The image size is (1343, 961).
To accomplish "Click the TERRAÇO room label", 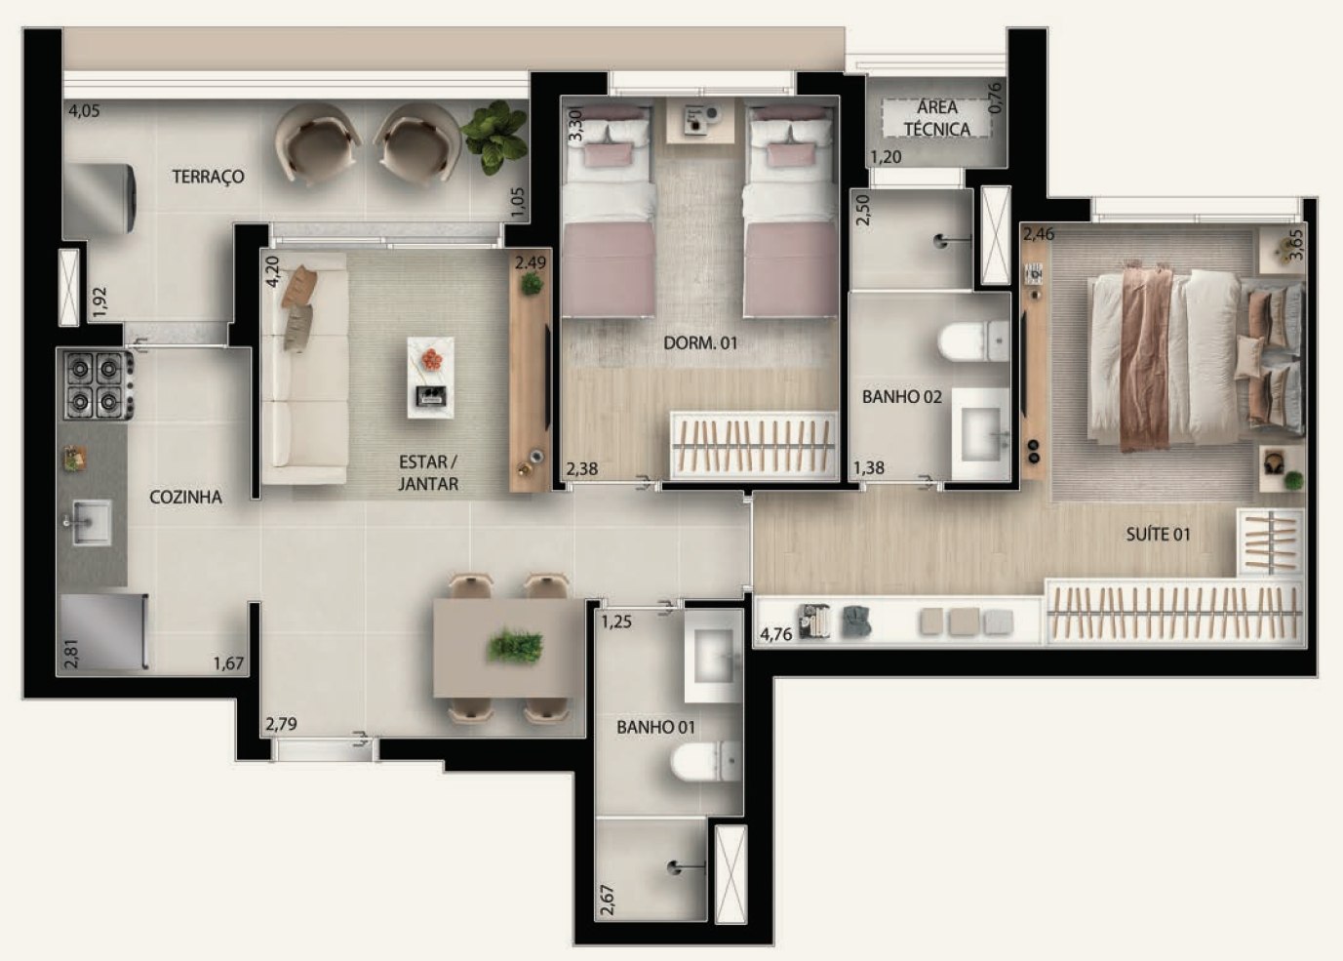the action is [x=208, y=177].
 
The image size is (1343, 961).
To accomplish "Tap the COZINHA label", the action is [x=185, y=497].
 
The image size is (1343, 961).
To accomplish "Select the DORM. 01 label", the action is [x=699, y=343].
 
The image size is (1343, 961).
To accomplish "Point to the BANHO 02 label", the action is [x=902, y=396].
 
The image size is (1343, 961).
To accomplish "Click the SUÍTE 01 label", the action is [x=1158, y=534].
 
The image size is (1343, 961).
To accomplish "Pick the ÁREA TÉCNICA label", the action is [x=937, y=118].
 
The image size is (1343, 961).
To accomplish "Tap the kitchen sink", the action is [x=90, y=523].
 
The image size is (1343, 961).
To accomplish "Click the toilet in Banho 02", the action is [x=973, y=341].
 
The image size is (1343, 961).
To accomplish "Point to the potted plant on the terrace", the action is [x=494, y=137].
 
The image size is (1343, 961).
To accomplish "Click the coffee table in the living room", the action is [x=430, y=378].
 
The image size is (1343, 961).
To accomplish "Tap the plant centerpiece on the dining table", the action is [x=514, y=646].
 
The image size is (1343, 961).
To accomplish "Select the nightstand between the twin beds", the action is [x=699, y=120].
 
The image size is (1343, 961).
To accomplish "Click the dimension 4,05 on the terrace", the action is [x=84, y=111].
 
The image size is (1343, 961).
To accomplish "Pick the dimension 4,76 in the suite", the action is [x=775, y=634].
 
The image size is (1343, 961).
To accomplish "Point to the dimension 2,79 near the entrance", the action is [x=281, y=724].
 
